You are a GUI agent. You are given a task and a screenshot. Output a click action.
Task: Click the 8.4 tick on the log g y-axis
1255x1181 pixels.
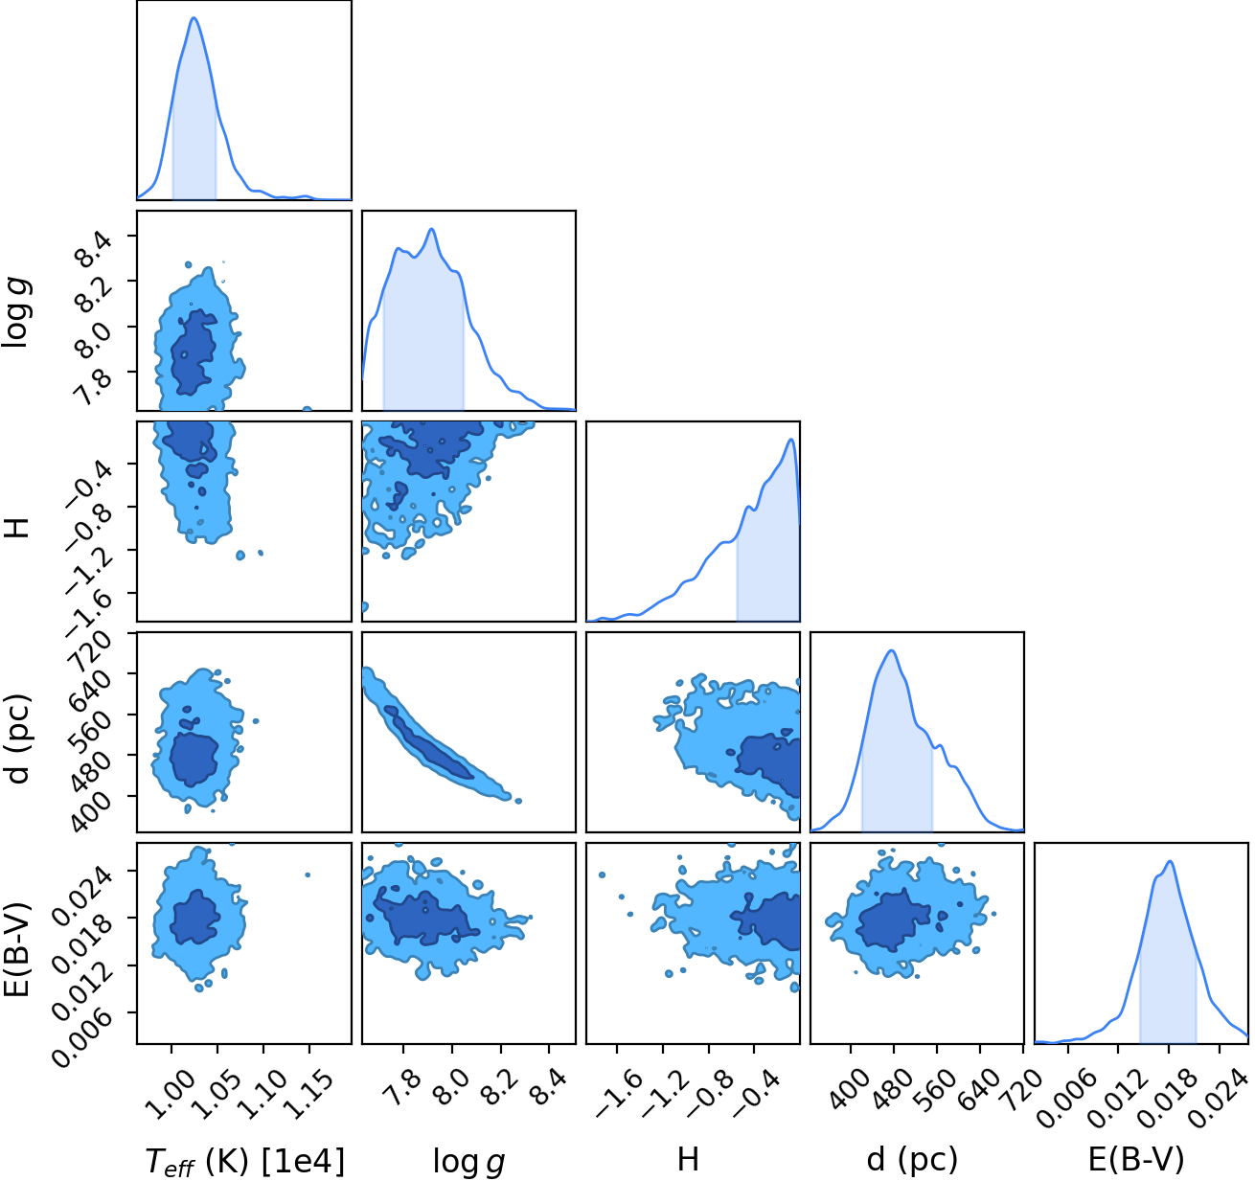point(94,248)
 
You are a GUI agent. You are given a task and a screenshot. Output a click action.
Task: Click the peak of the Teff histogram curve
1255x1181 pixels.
point(194,17)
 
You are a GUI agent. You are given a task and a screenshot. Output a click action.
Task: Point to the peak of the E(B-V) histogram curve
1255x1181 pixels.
point(1171,861)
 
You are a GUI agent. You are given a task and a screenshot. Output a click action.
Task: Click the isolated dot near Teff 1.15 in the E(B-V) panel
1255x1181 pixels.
point(308,874)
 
